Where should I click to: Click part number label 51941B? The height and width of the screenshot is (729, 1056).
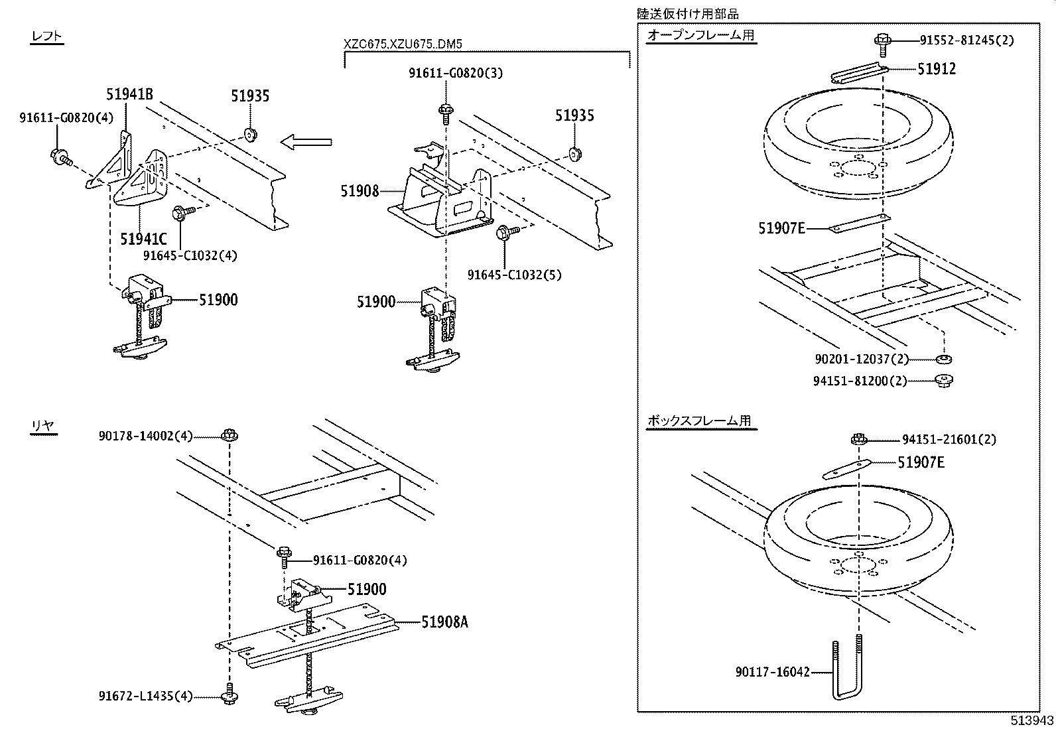click(x=129, y=94)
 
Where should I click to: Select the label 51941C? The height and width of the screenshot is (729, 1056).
click(x=143, y=238)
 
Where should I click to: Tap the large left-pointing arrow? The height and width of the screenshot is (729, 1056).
click(x=305, y=141)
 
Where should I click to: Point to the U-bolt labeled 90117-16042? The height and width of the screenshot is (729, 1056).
click(x=848, y=670)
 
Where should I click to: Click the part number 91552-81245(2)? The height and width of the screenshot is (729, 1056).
click(x=966, y=40)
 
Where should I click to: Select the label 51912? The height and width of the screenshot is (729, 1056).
click(x=937, y=69)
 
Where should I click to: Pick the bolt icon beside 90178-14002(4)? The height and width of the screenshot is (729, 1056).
click(x=230, y=436)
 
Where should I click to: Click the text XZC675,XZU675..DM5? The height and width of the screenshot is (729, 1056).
click(x=403, y=45)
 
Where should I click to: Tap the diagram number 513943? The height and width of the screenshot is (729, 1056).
click(x=1031, y=720)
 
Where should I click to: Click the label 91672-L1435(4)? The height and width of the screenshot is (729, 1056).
click(x=145, y=696)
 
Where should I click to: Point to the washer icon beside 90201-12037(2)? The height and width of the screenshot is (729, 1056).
click(x=943, y=359)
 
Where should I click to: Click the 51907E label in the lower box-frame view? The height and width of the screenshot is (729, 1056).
click(x=921, y=462)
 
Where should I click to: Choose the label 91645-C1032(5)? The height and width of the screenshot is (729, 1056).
click(x=514, y=275)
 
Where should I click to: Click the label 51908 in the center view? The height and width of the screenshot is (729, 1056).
click(x=360, y=191)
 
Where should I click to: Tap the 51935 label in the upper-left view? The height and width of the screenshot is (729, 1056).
click(x=250, y=96)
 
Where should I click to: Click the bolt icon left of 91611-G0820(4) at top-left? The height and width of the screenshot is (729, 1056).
click(x=59, y=157)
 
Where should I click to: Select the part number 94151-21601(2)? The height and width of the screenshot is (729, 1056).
click(x=949, y=440)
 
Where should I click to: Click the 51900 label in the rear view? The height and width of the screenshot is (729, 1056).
click(x=367, y=589)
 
